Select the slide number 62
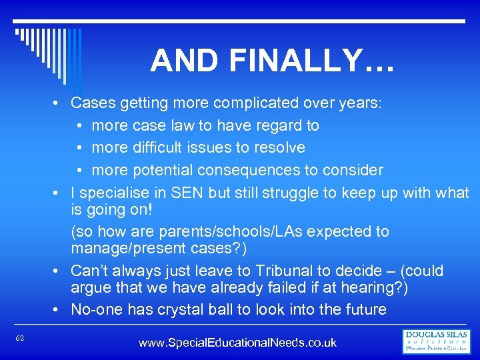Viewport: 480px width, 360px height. tap(20, 339)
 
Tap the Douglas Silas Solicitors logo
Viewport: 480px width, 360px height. tap(437, 341)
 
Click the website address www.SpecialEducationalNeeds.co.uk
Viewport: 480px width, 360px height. tap(237, 343)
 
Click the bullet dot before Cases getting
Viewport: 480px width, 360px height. tap(59, 103)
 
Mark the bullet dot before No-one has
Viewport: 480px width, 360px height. tap(59, 310)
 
